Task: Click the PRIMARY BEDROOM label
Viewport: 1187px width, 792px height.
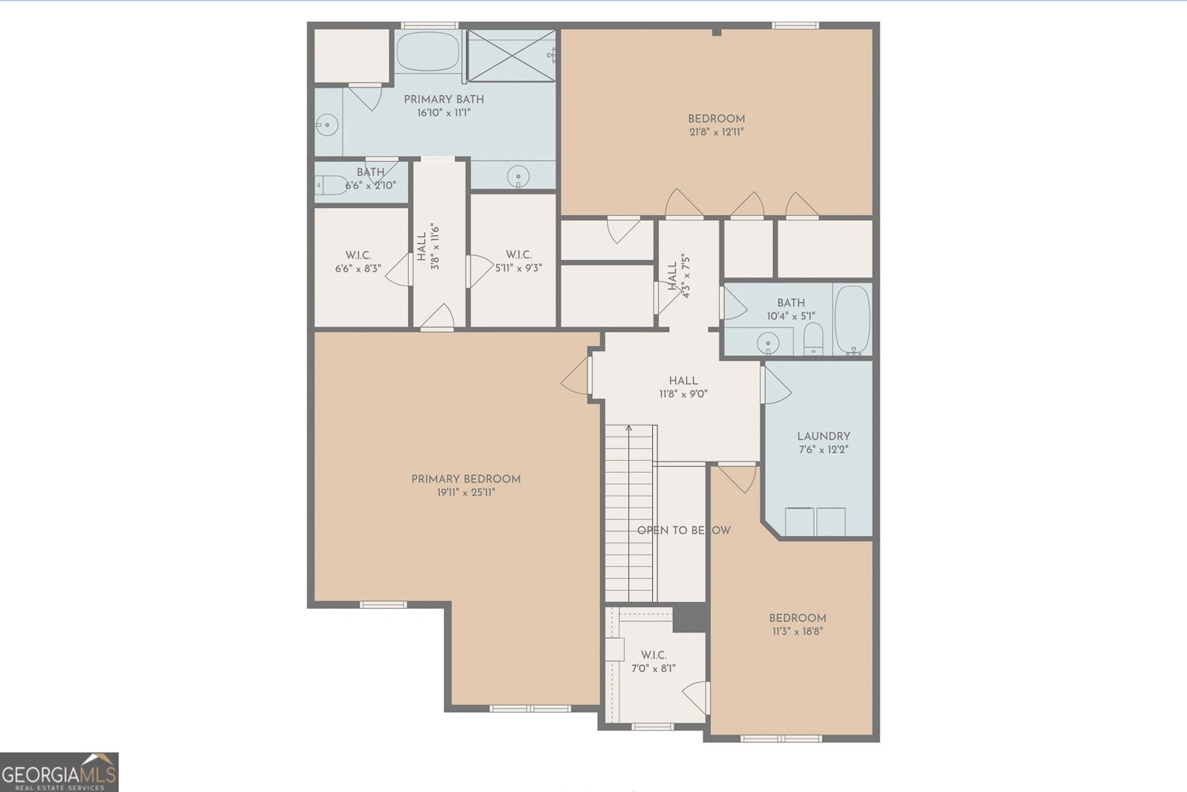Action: (466, 479)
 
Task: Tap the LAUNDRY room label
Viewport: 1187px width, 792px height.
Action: (823, 436)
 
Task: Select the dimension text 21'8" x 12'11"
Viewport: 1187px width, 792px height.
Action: (716, 132)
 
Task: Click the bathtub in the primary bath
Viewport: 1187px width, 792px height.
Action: (428, 51)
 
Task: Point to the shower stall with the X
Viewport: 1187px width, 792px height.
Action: (511, 56)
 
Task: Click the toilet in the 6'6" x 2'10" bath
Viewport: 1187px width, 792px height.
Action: (329, 183)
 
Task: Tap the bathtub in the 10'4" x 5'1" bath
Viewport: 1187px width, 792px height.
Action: (852, 318)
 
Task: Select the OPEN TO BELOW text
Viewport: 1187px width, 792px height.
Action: (683, 530)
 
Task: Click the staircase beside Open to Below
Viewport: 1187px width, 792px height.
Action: (630, 512)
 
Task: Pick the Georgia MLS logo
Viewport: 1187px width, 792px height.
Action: (59, 772)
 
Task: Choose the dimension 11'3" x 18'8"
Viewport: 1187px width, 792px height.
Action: (798, 632)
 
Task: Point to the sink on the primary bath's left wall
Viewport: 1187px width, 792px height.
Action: (325, 125)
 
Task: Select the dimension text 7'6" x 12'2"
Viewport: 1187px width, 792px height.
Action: (823, 450)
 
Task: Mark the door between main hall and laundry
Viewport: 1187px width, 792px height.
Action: (774, 384)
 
